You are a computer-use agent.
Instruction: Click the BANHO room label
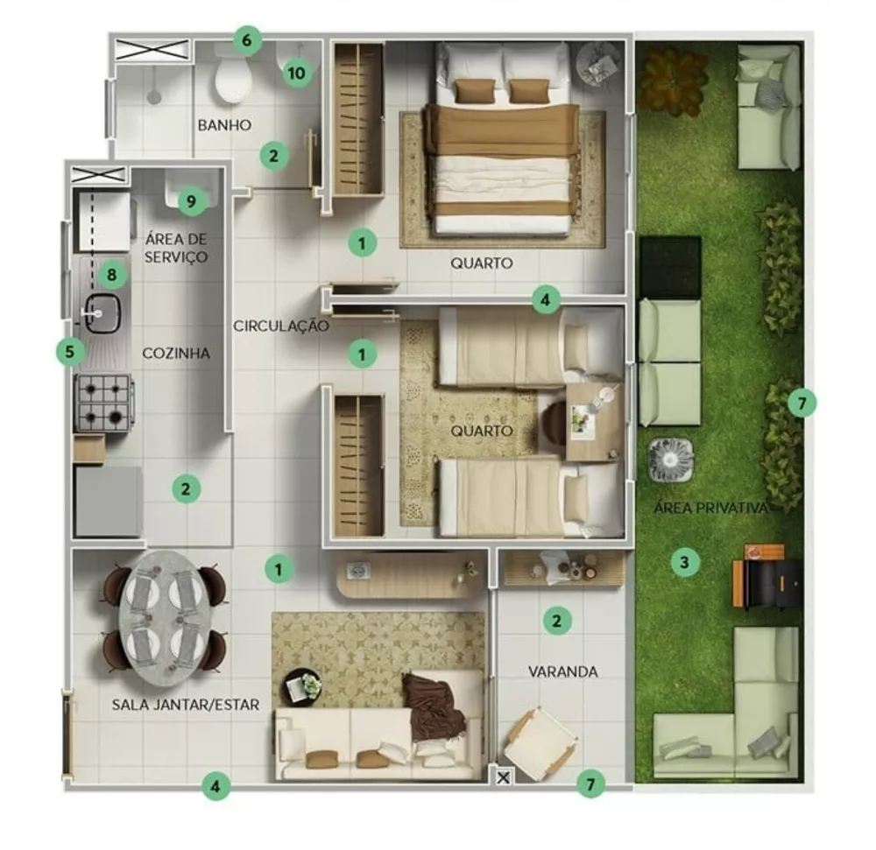pos(224,125)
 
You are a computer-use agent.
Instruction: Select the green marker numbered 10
pos(297,73)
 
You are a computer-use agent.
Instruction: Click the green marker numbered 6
pos(247,39)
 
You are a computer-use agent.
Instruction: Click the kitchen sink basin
pos(102,313)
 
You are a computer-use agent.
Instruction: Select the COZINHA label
pos(176,354)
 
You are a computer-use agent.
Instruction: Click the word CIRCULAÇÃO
pos(281,326)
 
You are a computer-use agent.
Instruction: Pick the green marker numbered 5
pos(71,352)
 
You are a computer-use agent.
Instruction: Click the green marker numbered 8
pos(111,275)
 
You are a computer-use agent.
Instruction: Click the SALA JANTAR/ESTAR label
pos(186,704)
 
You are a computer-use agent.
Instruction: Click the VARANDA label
pos(563,671)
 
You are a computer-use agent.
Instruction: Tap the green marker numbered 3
pos(685,561)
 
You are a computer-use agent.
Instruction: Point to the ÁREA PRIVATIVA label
pos(711,508)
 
